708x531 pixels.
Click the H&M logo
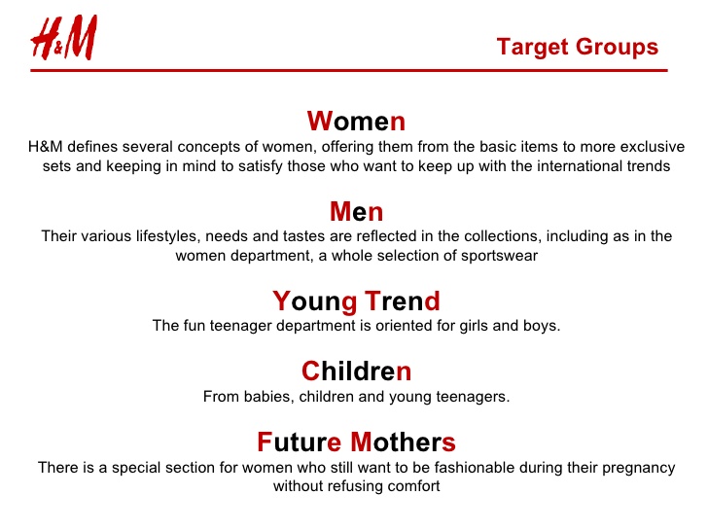point(64,42)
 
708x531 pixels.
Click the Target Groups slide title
point(577,47)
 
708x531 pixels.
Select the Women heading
point(356,122)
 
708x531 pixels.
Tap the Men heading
point(356,211)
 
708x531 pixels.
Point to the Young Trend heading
point(356,301)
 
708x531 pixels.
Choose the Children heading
point(356,372)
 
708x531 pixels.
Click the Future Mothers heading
point(356,442)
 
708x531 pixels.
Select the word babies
point(265,397)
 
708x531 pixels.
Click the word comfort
point(414,486)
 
